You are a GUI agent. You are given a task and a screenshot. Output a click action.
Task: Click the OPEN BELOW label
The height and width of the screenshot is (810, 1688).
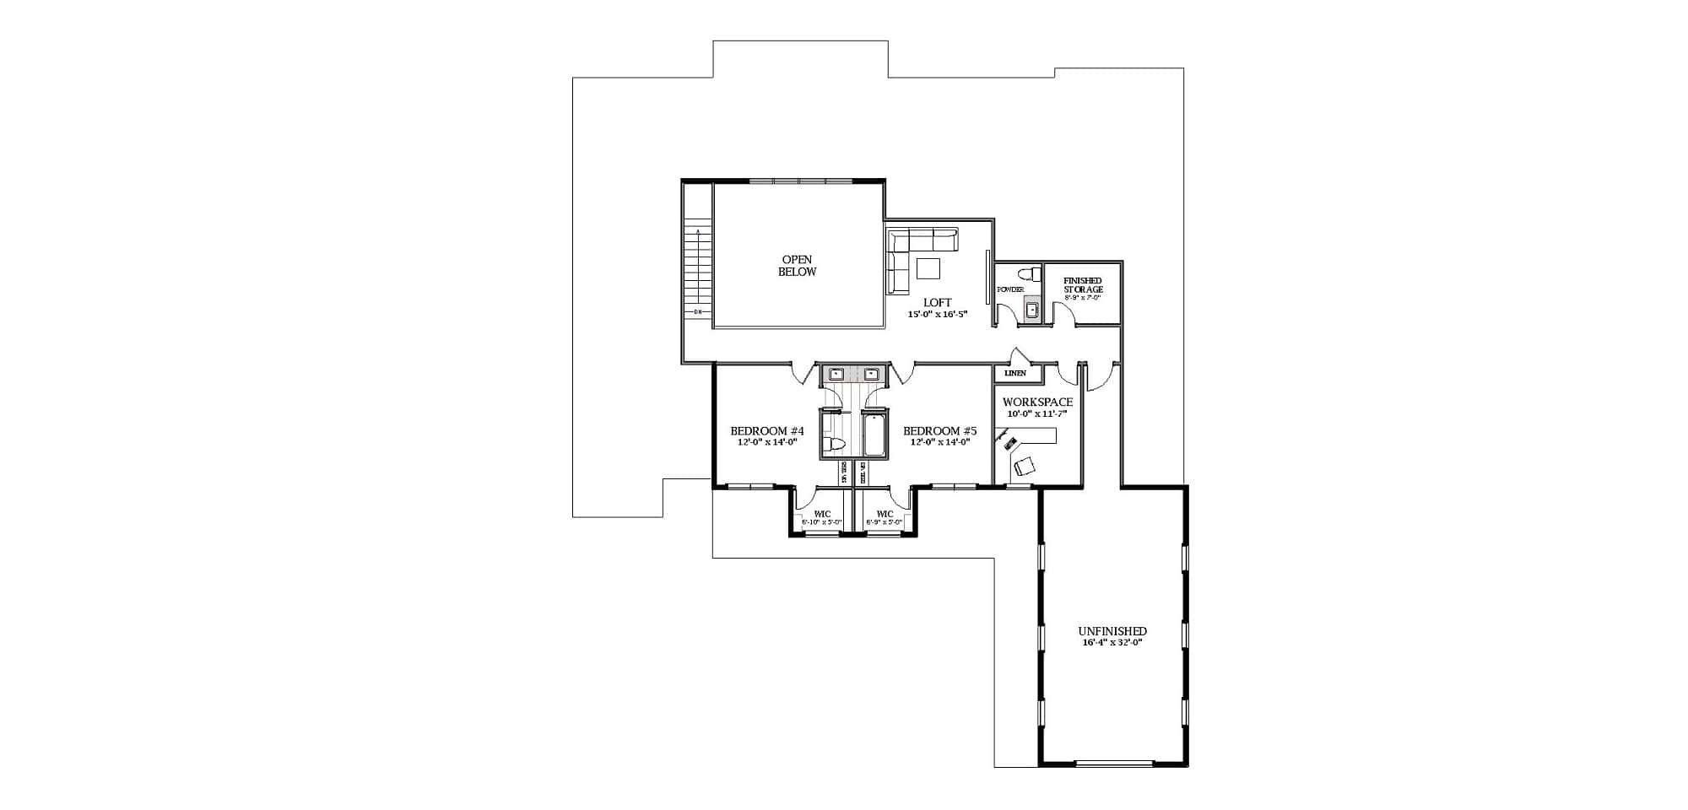797,266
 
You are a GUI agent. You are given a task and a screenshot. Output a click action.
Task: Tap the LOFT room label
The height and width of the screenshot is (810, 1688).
937,302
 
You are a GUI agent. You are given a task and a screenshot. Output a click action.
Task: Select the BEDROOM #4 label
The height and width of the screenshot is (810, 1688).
766,431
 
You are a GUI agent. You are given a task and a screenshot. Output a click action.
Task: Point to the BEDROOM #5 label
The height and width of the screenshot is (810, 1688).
939,431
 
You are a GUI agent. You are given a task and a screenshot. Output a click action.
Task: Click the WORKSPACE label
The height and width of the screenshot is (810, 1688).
1037,402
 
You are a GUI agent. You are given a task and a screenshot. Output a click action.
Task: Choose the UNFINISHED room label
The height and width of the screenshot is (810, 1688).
1112,631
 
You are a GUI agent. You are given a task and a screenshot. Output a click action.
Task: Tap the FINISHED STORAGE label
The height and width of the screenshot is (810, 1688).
1083,285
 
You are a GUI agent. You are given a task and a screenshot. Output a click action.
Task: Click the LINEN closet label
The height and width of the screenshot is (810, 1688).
1015,373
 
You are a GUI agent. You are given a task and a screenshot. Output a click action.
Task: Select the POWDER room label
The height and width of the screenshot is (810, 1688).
1010,289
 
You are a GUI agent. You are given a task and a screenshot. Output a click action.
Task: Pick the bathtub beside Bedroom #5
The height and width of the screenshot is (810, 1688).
874,434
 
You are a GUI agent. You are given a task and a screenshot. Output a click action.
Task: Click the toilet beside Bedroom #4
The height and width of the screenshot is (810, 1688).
835,444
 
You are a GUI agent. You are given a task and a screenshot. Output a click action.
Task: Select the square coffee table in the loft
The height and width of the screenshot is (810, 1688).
929,268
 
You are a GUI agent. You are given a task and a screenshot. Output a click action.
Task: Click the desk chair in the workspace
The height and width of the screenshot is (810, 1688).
1025,465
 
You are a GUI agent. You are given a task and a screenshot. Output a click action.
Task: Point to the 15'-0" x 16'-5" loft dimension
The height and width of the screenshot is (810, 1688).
937,314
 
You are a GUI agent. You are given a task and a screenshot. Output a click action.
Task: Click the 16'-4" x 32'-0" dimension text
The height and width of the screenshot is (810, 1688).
1112,643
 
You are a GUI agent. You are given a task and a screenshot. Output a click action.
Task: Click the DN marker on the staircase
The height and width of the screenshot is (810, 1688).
697,313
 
